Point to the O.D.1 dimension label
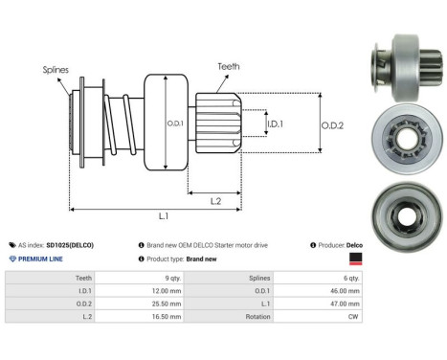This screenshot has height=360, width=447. [175, 124]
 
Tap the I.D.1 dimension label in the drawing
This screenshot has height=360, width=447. [275, 124]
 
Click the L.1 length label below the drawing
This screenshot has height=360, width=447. [164, 219]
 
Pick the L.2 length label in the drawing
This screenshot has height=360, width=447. [216, 200]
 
